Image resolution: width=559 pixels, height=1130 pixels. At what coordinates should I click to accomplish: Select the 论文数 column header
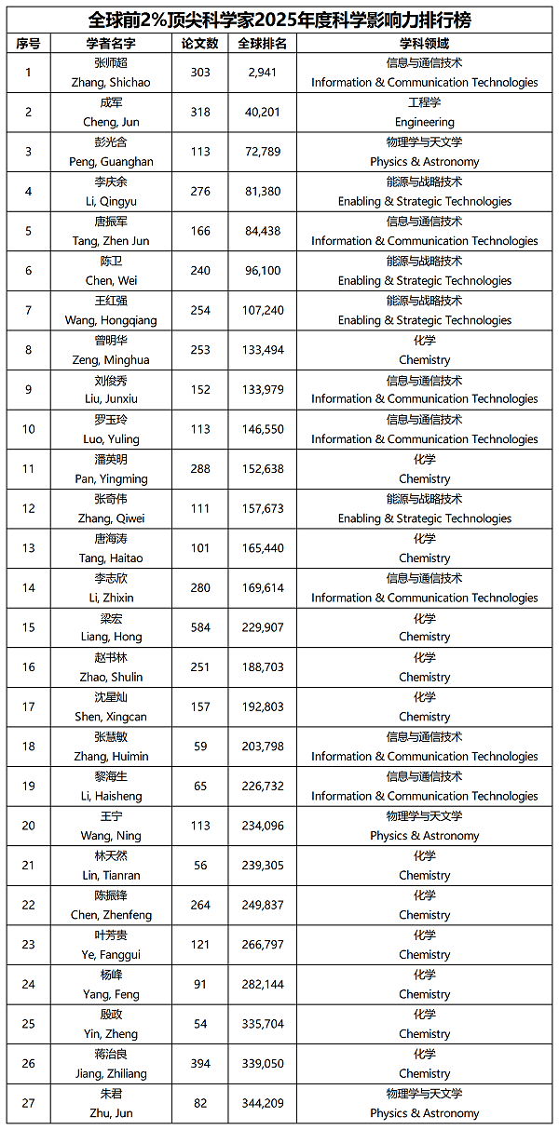200,43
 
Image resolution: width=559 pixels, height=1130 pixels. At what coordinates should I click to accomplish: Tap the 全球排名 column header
262,43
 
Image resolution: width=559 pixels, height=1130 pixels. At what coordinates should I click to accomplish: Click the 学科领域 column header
424,43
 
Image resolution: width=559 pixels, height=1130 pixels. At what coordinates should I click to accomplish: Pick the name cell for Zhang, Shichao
111,73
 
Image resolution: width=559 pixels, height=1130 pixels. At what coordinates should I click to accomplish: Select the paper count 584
200,627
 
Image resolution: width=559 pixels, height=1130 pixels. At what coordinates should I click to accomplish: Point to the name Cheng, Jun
111,113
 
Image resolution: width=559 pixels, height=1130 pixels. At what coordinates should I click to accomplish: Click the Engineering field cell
424,113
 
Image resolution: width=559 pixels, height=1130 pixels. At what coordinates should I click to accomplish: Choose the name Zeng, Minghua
111,350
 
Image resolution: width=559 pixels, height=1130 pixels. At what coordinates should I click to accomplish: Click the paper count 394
200,1064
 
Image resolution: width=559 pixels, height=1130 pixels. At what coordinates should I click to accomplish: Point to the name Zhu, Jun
111,1103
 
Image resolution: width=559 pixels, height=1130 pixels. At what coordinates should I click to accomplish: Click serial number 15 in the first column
29,627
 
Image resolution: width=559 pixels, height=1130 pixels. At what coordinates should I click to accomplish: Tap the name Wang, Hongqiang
111,311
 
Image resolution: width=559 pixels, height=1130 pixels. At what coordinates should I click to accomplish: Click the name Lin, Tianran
111,866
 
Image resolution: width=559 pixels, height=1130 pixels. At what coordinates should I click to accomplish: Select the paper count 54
200,1024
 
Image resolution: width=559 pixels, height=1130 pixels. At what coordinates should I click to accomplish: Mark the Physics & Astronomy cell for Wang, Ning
424,826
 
